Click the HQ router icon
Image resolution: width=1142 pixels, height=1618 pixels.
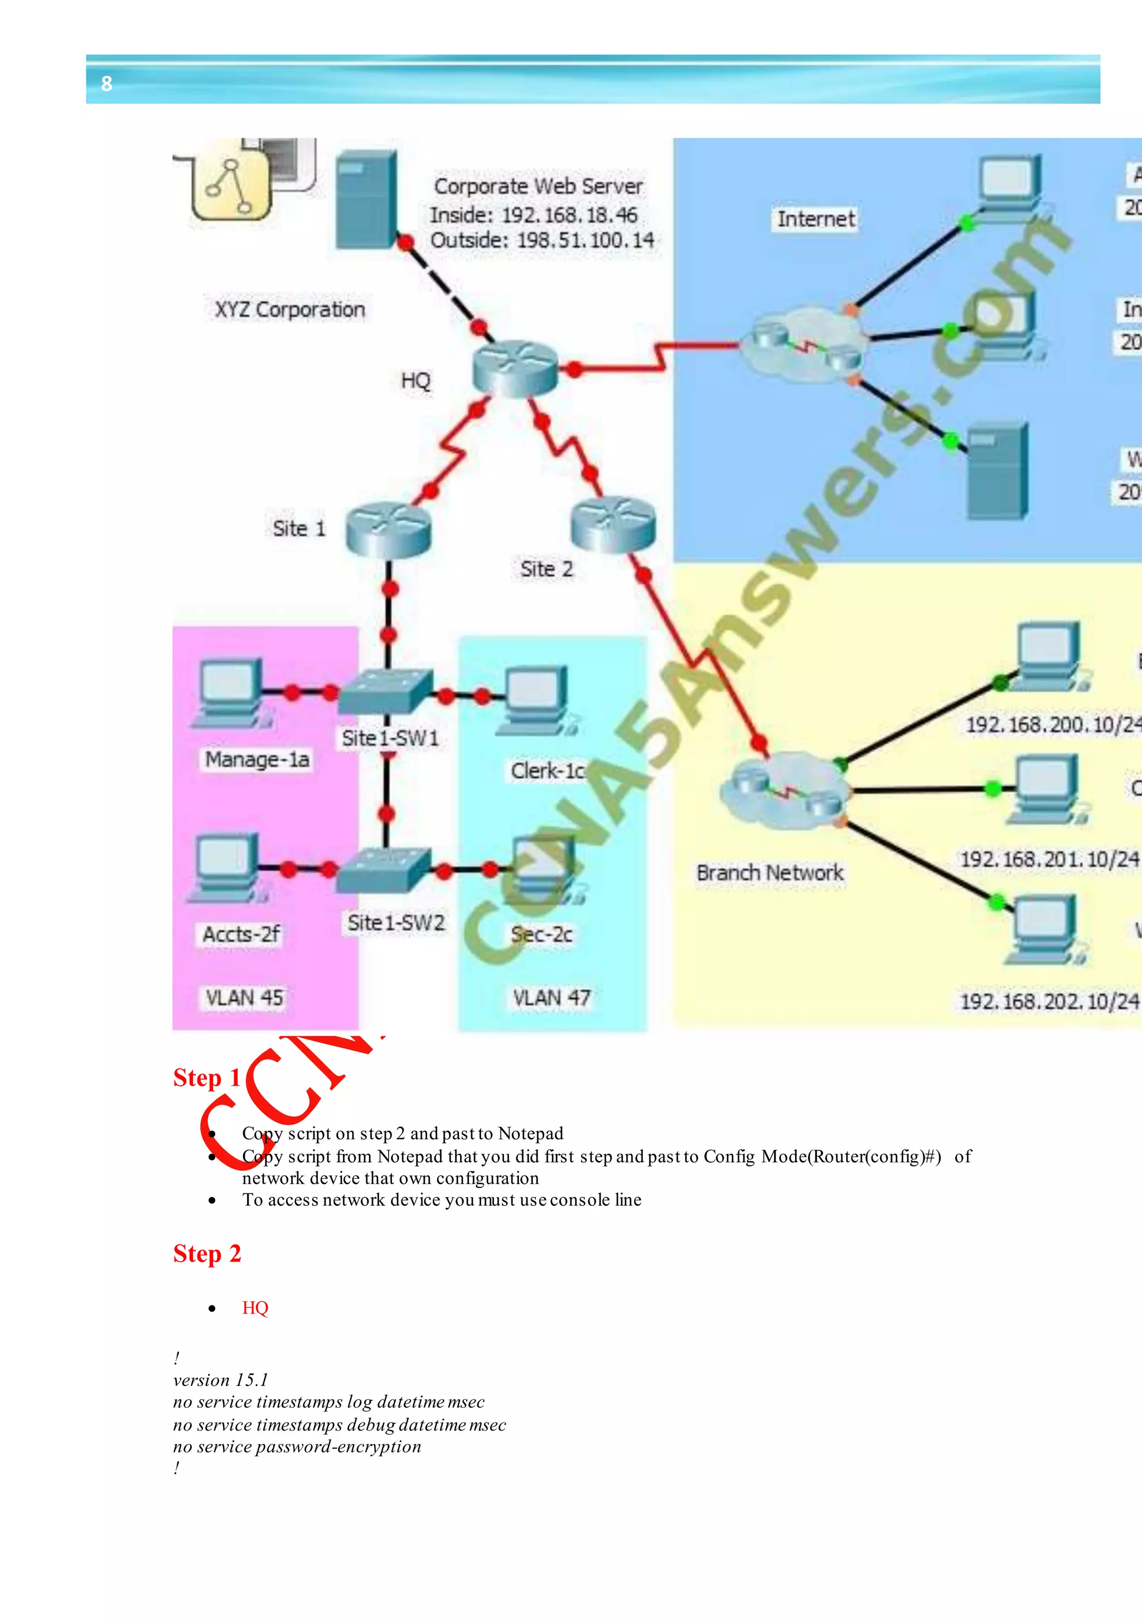tap(515, 368)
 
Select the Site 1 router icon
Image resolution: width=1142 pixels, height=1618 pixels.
tap(388, 529)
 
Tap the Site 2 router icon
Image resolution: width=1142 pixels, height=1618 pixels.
tap(613, 524)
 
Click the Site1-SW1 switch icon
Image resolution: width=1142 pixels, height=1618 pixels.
tap(386, 690)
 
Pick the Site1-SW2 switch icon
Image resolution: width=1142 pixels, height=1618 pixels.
tap(384, 871)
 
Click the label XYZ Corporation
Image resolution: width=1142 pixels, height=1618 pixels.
tap(289, 309)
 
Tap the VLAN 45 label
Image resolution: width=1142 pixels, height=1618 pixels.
tap(244, 998)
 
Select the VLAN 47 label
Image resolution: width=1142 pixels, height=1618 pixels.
tap(551, 998)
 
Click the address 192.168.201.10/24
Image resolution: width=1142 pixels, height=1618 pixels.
tap(1049, 859)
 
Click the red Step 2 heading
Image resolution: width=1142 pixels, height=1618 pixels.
tap(207, 1254)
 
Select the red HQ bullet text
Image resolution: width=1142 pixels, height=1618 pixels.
tap(255, 1308)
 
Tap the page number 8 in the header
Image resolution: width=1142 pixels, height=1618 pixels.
tap(107, 84)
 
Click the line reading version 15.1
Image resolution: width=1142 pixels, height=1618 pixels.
tap(220, 1380)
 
